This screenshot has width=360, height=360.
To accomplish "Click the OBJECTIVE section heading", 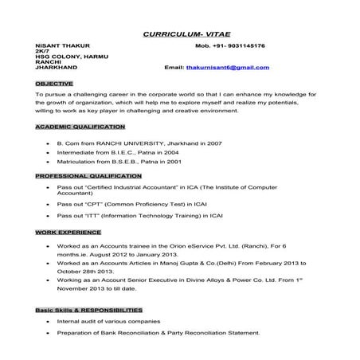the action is pyautogui.click(x=54, y=83).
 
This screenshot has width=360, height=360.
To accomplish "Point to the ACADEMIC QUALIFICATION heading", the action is pyautogui.click(x=80, y=127).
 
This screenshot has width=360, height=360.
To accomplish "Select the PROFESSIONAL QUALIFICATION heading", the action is pyautogui.click(x=88, y=175).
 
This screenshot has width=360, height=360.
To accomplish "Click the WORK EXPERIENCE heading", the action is pyautogui.click(x=68, y=232).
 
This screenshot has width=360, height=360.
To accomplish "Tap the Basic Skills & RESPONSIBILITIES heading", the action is pyautogui.click(x=89, y=309).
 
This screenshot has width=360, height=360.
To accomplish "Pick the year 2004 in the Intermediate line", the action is pyautogui.click(x=171, y=151).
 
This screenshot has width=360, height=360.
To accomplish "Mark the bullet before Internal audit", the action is pyautogui.click(x=49, y=321).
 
